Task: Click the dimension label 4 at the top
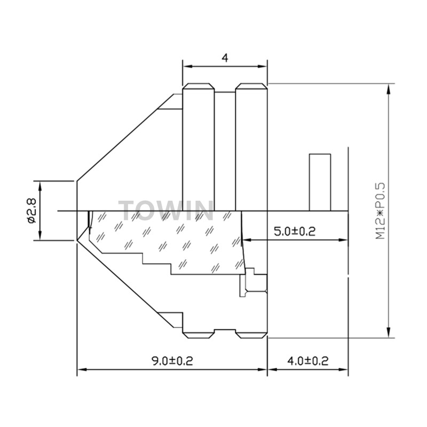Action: tap(225, 58)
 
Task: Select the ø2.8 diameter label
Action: tap(31, 210)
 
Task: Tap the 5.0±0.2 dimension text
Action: tap(295, 232)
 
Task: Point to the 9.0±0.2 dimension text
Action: tap(172, 361)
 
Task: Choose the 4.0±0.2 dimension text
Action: tap(308, 361)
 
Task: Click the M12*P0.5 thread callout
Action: tap(381, 211)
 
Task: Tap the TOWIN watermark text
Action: tap(166, 210)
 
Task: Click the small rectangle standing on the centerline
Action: tap(320, 183)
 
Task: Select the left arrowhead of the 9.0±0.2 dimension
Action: tap(82, 369)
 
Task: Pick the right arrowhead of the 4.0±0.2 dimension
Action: tap(343, 369)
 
